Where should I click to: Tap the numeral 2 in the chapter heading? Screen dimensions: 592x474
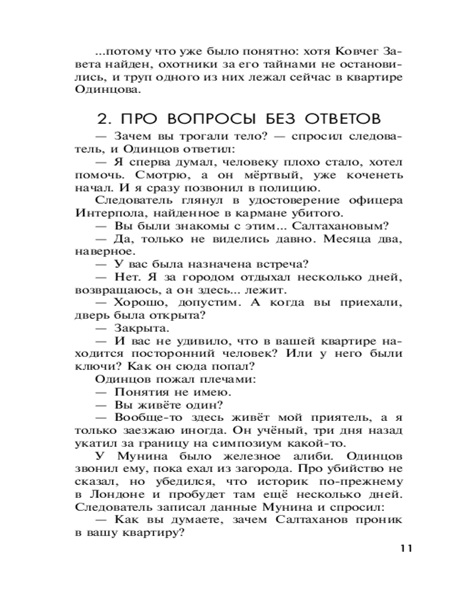click(x=104, y=117)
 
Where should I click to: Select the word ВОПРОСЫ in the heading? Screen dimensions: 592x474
click(x=203, y=117)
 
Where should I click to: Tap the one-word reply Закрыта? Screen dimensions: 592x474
click(x=141, y=327)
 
